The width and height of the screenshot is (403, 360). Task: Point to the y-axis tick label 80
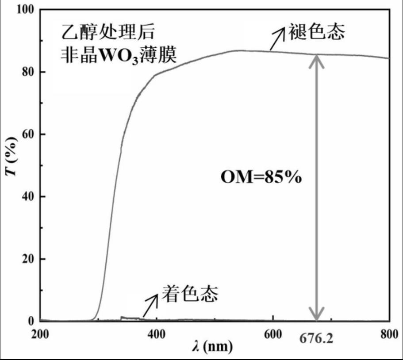point(28,72)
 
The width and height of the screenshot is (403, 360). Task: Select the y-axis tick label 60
point(28,134)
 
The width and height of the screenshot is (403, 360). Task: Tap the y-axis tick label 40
point(28,196)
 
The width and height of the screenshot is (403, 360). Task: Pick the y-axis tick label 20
point(28,259)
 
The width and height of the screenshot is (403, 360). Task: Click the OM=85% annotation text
point(261,178)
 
